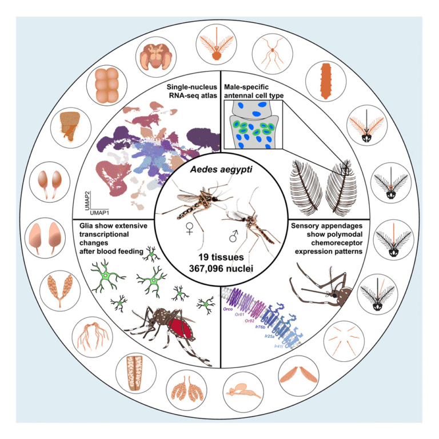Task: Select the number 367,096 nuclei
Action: [219, 267]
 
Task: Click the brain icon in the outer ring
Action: [155, 57]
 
